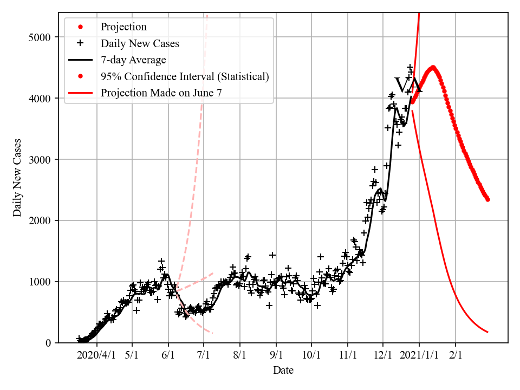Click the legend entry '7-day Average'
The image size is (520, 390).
tap(133, 60)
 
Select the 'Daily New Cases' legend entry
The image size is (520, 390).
tap(140, 43)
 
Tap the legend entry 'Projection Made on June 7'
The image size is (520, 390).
tap(161, 93)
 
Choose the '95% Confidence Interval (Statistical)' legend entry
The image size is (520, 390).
tap(184, 76)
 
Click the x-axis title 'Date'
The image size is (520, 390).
tap(283, 370)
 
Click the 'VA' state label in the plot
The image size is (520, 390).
tap(408, 86)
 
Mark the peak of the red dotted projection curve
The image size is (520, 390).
tap(432, 68)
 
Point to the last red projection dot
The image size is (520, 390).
tap(487, 199)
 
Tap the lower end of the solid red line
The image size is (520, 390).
tap(487, 332)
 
